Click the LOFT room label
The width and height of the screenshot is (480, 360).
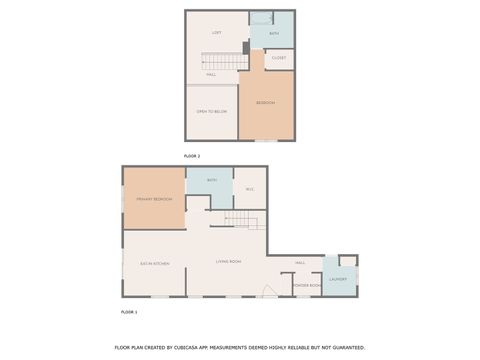(x=216, y=33)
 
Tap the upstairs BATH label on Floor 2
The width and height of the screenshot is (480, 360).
(x=273, y=33)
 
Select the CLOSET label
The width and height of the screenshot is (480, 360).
(x=279, y=58)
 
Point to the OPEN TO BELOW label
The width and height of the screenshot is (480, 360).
(x=211, y=111)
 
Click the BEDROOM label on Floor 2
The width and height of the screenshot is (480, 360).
(x=265, y=103)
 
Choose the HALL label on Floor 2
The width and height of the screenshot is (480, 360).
(x=211, y=75)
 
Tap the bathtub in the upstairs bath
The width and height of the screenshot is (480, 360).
(x=262, y=16)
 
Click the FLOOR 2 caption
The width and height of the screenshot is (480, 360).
(x=192, y=157)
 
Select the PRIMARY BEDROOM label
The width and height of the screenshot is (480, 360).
(x=154, y=200)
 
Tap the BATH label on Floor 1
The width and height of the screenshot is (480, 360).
(x=212, y=180)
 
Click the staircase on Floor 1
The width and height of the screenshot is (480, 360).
(x=243, y=221)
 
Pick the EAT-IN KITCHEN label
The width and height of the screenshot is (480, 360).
(x=154, y=263)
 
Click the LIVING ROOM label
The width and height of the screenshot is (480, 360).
(x=228, y=262)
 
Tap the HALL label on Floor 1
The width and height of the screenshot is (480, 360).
(x=300, y=263)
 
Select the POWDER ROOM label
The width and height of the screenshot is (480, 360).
(x=307, y=286)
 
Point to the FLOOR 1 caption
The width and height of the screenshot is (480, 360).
(x=129, y=312)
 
